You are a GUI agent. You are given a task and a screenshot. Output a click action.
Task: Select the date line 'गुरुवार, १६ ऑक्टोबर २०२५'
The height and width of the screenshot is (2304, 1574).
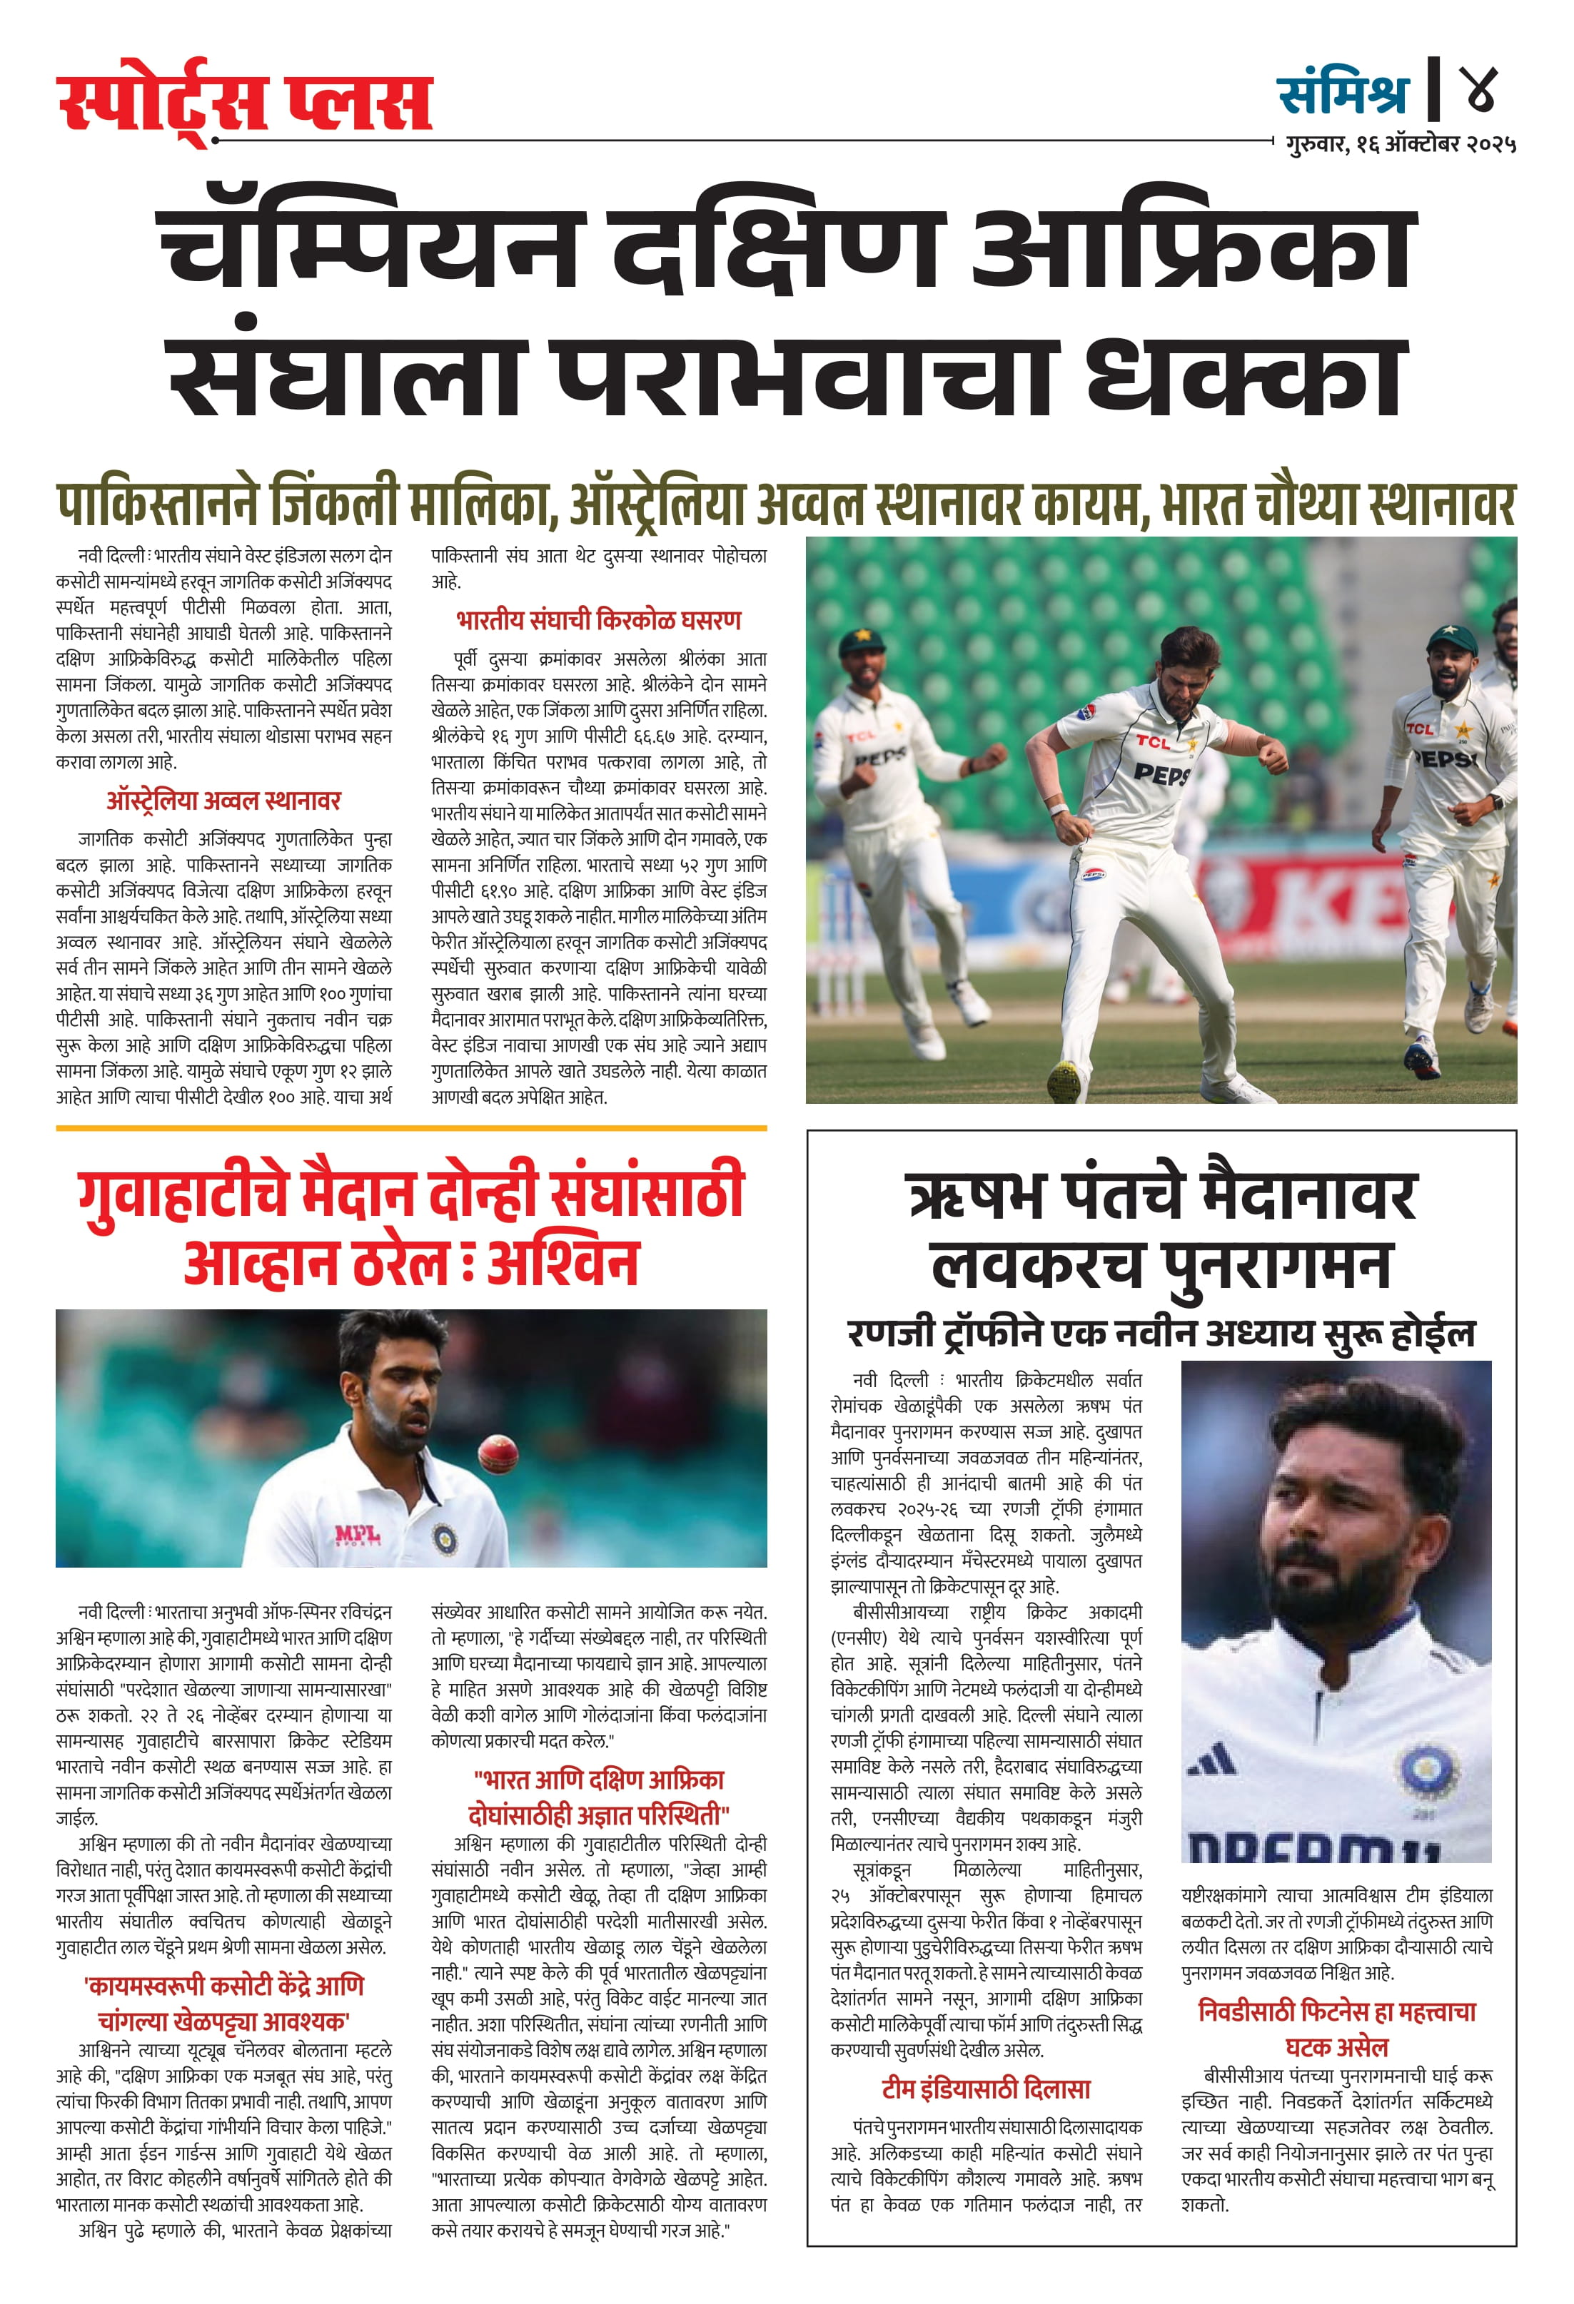(x=1401, y=145)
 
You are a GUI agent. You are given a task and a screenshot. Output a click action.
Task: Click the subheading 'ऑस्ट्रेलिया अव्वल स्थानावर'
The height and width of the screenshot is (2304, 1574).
(x=224, y=801)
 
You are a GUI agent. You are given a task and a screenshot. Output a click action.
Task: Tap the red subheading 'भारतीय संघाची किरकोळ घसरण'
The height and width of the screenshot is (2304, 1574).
(x=599, y=621)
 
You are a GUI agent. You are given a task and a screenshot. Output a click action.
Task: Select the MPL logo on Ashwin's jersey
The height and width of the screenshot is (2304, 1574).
(x=357, y=1537)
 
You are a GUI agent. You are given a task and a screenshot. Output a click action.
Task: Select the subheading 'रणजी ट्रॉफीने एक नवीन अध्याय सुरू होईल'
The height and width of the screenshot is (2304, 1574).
(x=1161, y=1332)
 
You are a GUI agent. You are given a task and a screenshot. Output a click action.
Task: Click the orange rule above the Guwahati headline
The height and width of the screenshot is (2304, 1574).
(x=410, y=1128)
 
